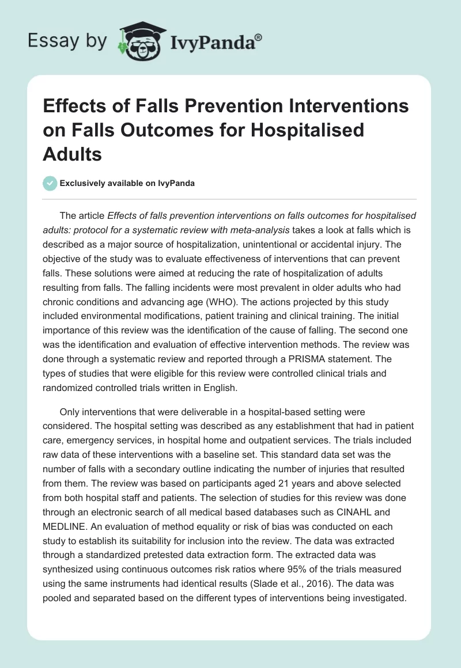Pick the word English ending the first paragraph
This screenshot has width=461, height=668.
click(220, 388)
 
